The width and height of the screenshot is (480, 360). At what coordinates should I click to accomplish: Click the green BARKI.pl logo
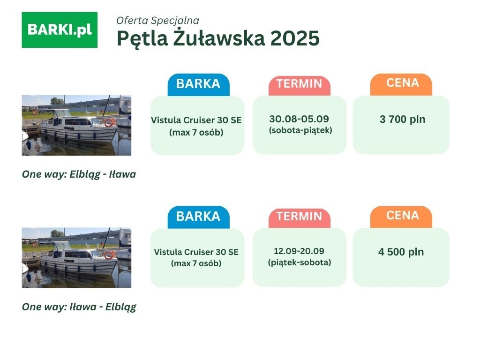(60, 30)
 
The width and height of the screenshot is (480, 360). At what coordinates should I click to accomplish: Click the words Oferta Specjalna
(157, 21)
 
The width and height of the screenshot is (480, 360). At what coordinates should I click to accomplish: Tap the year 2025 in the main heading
(295, 38)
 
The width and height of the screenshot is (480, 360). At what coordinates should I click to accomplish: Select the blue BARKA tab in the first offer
(198, 84)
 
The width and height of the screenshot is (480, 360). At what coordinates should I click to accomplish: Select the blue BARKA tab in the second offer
(198, 217)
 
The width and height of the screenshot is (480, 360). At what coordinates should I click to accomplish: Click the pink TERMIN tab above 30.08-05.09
(300, 85)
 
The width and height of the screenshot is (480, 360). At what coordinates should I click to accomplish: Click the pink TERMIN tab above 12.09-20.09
(300, 218)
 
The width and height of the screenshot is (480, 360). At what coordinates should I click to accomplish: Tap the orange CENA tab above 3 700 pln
(401, 84)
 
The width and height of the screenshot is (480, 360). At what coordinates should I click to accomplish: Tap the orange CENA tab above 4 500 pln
(401, 217)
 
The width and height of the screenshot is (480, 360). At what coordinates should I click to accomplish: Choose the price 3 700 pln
(402, 119)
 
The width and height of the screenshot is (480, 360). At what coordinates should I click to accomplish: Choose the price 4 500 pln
(401, 252)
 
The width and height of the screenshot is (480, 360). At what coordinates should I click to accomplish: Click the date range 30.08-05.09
(299, 119)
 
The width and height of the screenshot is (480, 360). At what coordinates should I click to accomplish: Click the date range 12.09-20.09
(299, 251)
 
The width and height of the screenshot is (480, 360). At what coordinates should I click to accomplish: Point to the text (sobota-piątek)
(300, 130)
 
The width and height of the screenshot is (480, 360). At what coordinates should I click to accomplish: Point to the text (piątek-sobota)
(300, 262)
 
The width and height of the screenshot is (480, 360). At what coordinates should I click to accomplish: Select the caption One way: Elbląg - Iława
(79, 174)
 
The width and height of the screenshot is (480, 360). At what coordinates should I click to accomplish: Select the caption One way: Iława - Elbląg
(79, 307)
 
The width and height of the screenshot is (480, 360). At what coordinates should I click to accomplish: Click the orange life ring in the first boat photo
(109, 122)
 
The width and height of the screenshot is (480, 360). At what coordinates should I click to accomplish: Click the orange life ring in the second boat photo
(109, 255)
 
